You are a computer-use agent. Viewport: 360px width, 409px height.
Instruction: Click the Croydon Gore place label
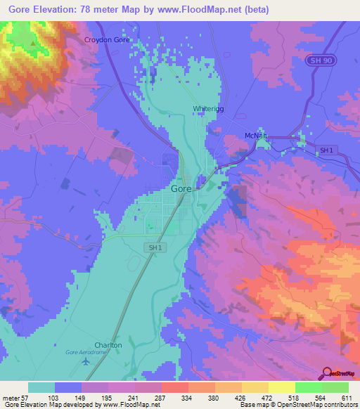107,40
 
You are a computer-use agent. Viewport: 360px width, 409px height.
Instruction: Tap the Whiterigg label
208,109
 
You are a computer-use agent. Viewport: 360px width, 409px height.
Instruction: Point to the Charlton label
108,345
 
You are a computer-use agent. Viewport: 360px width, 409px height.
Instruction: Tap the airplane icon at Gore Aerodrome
86,362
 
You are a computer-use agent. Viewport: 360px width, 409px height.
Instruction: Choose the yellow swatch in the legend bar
281,387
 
